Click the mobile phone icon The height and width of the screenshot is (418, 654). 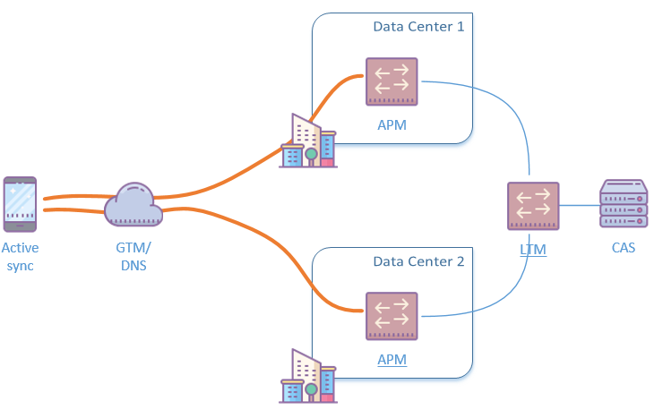(21, 204)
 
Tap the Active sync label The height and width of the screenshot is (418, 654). (21, 257)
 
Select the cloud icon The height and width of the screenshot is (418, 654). (133, 207)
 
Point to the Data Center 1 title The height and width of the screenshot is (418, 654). (418, 27)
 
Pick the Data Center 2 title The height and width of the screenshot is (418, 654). (418, 262)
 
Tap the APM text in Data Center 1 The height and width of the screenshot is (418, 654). (392, 124)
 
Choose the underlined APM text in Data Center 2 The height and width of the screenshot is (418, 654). (392, 360)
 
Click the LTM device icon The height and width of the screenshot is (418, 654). (533, 207)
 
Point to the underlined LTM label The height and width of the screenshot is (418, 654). (533, 249)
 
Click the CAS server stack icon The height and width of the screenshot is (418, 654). (624, 205)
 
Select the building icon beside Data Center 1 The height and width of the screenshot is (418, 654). (308, 143)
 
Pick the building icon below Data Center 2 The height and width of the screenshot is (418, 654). (308, 379)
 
